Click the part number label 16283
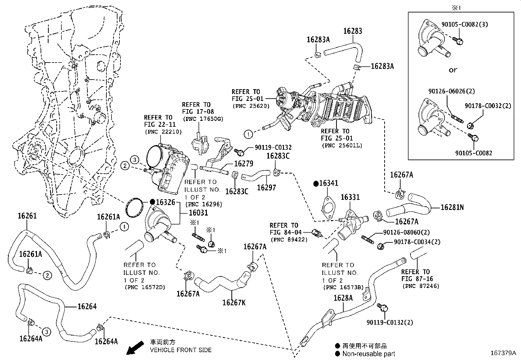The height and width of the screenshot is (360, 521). click(352, 31)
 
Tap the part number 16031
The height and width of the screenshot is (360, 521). click(198, 213)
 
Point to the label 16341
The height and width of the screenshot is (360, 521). click(329, 183)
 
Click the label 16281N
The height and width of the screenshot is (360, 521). click(452, 207)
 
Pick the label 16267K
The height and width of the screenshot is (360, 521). click(234, 302)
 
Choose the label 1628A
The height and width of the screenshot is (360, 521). click(343, 298)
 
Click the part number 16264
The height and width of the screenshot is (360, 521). click(87, 306)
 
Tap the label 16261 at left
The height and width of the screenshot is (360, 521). click(27, 216)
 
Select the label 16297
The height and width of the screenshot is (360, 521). click(266, 188)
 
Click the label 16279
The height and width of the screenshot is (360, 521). click(244, 163)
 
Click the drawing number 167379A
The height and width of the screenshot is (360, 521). click(503, 353)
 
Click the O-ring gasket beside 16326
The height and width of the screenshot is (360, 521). click(134, 207)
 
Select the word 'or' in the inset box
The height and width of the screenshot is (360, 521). click(453, 70)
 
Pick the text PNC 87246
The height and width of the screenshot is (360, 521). click(421, 286)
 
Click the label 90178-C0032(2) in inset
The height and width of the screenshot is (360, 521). click(488, 106)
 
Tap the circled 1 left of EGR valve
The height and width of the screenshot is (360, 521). click(248, 134)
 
